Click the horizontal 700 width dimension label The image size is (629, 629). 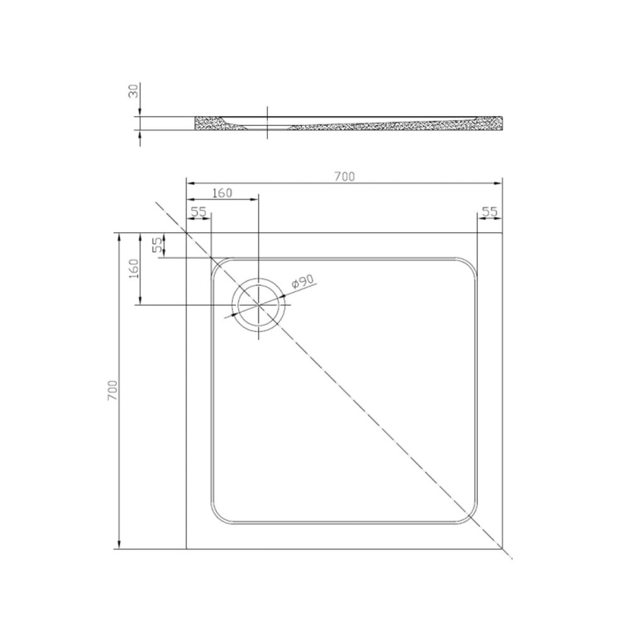coord(345,177)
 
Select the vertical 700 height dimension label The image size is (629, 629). coord(113,390)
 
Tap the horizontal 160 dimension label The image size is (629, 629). coord(222,193)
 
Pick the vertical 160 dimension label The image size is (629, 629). coord(135,269)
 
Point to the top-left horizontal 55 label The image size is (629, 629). coord(198,212)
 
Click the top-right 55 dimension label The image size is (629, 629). coord(489,211)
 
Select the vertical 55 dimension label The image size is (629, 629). coord(159,245)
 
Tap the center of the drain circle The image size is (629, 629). coord(259,305)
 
